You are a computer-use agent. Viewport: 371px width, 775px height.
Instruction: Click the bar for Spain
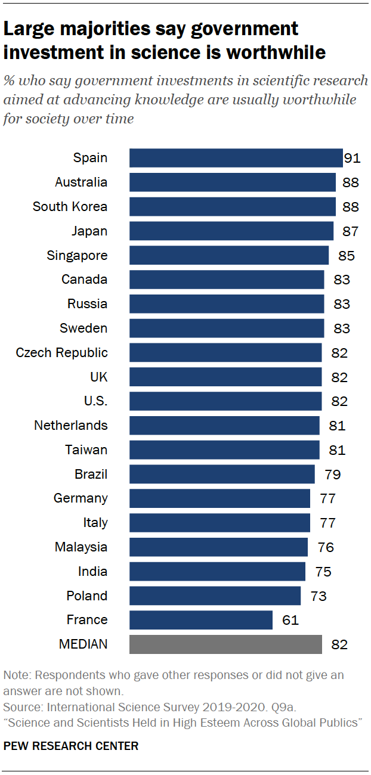(x=236, y=158)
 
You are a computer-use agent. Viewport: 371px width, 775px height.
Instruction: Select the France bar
(x=201, y=620)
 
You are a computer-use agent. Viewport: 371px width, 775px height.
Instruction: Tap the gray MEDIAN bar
(x=225, y=644)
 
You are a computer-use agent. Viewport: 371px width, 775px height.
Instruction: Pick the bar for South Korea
(x=233, y=207)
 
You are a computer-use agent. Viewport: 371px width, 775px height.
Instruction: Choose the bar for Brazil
(x=222, y=475)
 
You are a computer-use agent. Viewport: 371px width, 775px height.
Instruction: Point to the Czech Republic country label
(x=61, y=352)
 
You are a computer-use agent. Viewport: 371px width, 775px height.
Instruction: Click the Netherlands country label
(x=70, y=426)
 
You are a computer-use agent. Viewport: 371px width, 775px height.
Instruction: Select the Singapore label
(x=77, y=255)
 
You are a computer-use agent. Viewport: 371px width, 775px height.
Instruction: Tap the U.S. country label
(x=95, y=401)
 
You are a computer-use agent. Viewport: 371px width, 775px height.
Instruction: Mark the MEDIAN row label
(x=83, y=644)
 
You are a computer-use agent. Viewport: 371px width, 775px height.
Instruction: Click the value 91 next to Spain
(x=351, y=159)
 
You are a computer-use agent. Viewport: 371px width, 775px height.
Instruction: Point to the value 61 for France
(x=290, y=621)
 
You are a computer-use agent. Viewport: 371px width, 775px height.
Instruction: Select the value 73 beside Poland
(x=319, y=596)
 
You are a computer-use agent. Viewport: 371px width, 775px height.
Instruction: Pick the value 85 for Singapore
(x=346, y=256)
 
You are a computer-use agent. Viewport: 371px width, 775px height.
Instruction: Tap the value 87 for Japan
(x=351, y=231)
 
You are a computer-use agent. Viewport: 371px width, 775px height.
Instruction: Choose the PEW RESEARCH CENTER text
(x=71, y=746)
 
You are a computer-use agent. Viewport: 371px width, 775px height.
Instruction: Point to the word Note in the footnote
(x=16, y=675)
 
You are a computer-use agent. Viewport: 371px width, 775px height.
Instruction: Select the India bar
(x=217, y=572)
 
